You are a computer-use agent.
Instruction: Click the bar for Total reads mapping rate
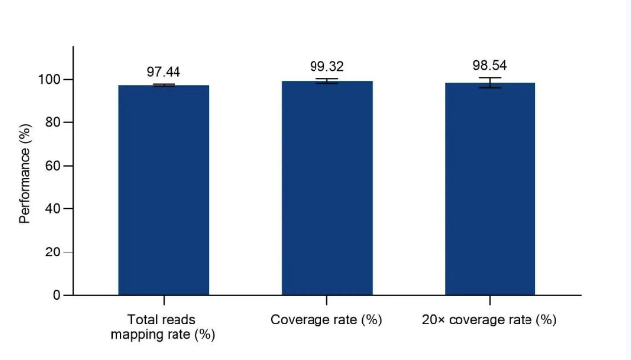pyautogui.click(x=164, y=190)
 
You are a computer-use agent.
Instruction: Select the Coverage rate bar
pyautogui.click(x=326, y=188)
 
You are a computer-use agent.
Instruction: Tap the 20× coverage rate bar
pyautogui.click(x=490, y=188)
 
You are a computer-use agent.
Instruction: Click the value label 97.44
pyautogui.click(x=164, y=72)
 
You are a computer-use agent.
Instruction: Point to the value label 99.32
pyautogui.click(x=326, y=66)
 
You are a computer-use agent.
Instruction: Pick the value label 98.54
pyautogui.click(x=490, y=65)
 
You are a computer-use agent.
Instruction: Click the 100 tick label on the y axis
pyautogui.click(x=49, y=79)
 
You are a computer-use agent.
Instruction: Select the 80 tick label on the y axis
pyautogui.click(x=53, y=122)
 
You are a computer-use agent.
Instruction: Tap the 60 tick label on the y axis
pyautogui.click(x=53, y=166)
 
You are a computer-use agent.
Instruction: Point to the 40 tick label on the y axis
pyautogui.click(x=53, y=208)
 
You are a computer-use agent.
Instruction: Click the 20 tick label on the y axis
pyautogui.click(x=53, y=252)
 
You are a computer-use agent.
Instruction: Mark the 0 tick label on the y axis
pyautogui.click(x=57, y=295)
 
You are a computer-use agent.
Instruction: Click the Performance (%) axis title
pyautogui.click(x=25, y=174)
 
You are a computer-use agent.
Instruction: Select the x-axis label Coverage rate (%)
pyautogui.click(x=326, y=320)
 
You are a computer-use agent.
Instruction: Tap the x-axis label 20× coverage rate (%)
pyautogui.click(x=489, y=320)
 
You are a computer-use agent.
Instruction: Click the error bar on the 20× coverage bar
pyautogui.click(x=490, y=83)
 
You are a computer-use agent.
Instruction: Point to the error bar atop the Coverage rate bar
pyautogui.click(x=326, y=81)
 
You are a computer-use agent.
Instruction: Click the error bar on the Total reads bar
pyautogui.click(x=164, y=85)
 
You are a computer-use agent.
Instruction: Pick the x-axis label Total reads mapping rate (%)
pyautogui.click(x=163, y=327)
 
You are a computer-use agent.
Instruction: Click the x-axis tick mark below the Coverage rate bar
pyautogui.click(x=326, y=300)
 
